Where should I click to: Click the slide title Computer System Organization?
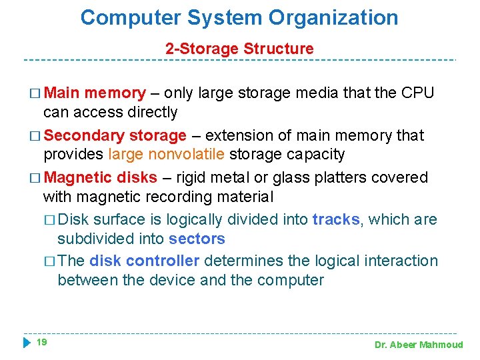coord(239,18)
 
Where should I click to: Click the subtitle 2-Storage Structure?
coord(239,49)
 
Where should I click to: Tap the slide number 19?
coord(41,342)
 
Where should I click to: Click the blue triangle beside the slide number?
coord(27,343)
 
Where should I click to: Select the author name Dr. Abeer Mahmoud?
coord(418,345)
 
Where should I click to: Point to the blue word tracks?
coord(336,219)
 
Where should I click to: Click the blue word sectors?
coord(197,239)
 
